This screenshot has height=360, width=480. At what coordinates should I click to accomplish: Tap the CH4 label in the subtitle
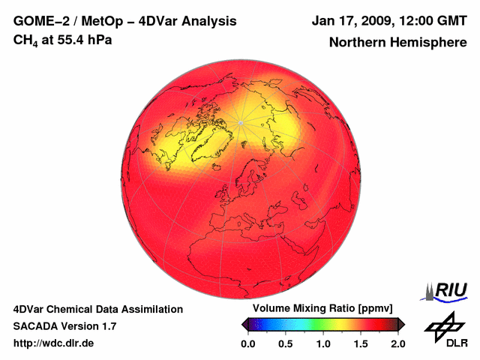pos(25,40)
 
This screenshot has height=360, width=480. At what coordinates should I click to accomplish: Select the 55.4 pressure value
pos(66,40)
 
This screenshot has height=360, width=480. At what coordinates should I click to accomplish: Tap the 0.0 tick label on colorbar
pos(248,343)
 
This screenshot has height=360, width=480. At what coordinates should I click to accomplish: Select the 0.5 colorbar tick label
pos(286,343)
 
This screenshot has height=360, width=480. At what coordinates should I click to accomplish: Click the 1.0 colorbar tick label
pos(323,343)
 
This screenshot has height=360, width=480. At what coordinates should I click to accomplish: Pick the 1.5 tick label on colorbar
pos(361,343)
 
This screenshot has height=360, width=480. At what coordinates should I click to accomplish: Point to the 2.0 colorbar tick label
pos(397,343)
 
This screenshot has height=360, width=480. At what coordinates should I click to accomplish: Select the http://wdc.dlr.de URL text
pos(54,343)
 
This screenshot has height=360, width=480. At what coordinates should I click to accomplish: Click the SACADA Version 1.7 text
pos(64,326)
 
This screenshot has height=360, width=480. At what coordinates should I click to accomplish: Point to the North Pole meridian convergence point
pos(240,122)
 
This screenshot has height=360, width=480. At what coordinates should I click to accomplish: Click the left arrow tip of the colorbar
pos(242,324)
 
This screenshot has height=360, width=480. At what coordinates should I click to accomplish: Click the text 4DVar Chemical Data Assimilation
pos(97,309)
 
